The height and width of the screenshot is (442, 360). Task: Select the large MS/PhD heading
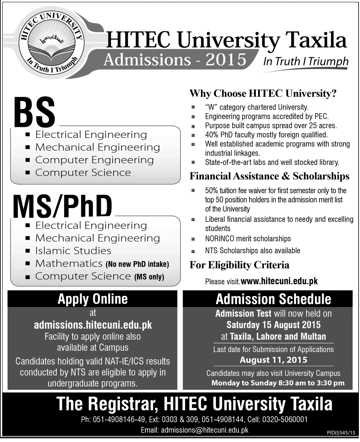(x=63, y=207)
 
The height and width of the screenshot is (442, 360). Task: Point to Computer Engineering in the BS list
(x=94, y=160)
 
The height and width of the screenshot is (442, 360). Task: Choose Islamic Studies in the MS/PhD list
(x=73, y=251)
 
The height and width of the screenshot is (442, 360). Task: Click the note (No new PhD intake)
(x=137, y=264)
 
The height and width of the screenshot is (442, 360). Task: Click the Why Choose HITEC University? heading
(x=263, y=94)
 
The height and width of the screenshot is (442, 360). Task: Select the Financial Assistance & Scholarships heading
(x=269, y=177)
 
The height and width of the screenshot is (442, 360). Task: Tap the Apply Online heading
(x=92, y=299)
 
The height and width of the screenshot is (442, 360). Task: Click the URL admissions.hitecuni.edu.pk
(x=93, y=325)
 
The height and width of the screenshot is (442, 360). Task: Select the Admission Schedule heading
(x=273, y=299)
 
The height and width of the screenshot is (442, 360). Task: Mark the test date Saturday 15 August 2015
(x=273, y=325)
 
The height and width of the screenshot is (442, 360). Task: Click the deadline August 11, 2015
(x=273, y=360)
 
